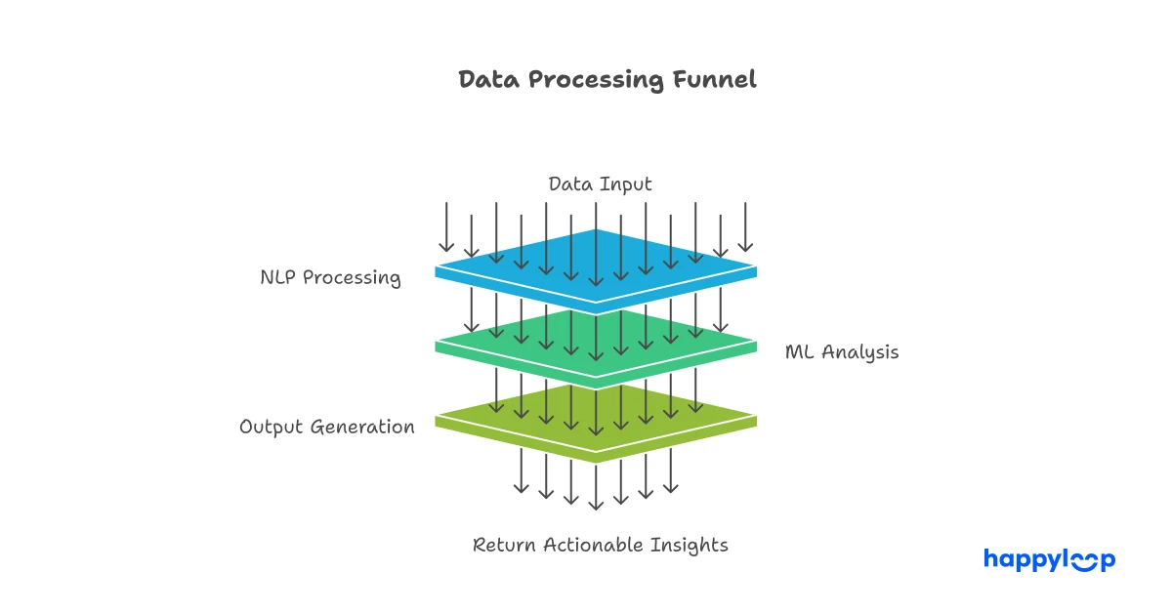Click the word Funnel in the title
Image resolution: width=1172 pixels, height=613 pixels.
(715, 80)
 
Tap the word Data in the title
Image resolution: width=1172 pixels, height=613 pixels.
(489, 80)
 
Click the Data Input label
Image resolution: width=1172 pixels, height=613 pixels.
(600, 184)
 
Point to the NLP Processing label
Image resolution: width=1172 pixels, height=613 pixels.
(330, 277)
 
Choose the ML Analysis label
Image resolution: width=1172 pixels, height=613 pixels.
(842, 352)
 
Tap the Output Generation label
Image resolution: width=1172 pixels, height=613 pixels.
(327, 428)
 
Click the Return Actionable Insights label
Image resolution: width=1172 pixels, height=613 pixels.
(601, 545)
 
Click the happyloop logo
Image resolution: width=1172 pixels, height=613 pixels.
(1049, 559)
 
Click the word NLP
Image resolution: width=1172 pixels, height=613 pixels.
(278, 277)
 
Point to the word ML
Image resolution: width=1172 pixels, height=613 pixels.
(800, 352)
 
